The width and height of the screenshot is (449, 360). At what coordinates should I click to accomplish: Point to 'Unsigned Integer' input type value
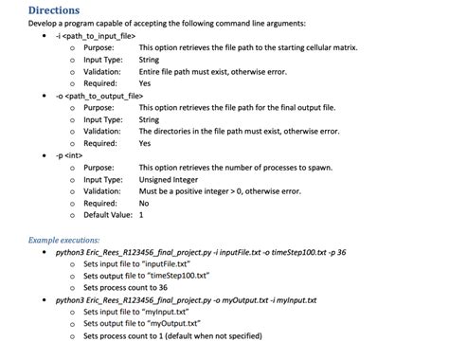pyautogui.click(x=171, y=179)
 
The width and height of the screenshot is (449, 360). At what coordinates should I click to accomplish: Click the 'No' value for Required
pyautogui.click(x=144, y=203)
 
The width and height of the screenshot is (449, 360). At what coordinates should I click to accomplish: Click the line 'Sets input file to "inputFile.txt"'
pyautogui.click(x=139, y=264)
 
